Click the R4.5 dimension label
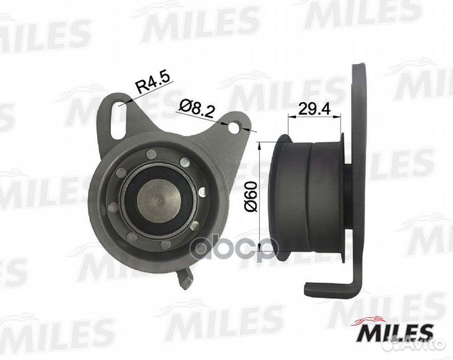point(153,83)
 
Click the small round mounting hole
point(234,127)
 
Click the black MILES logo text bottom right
point(396,334)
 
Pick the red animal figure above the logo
point(371,320)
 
